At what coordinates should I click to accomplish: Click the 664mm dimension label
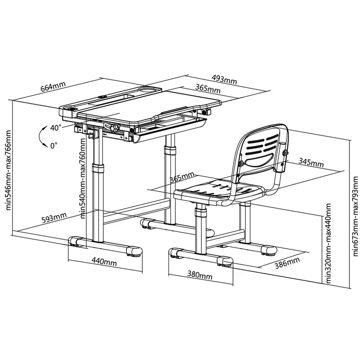pyautogui.click(x=53, y=87)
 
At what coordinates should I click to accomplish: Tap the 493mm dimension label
pyautogui.click(x=224, y=79)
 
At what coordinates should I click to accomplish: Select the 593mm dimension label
pyautogui.click(x=54, y=218)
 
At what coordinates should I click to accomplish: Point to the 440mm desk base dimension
pyautogui.click(x=104, y=262)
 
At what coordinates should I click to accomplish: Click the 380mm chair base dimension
pyautogui.click(x=200, y=275)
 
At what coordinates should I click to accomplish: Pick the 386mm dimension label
pyautogui.click(x=287, y=263)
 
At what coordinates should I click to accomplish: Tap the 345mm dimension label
pyautogui.click(x=311, y=162)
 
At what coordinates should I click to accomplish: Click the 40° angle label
pyautogui.click(x=56, y=128)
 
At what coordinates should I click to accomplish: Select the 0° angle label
pyautogui.click(x=54, y=145)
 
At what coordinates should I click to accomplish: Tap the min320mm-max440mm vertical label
pyautogui.click(x=329, y=244)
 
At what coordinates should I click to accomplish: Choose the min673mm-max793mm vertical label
pyautogui.click(x=355, y=216)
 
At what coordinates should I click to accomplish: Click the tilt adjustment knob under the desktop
pyautogui.click(x=115, y=127)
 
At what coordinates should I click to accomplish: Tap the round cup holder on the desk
pyautogui.click(x=148, y=89)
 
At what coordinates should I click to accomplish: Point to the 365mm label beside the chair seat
pyautogui.click(x=182, y=177)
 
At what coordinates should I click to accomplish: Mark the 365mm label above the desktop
pyautogui.click(x=208, y=88)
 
